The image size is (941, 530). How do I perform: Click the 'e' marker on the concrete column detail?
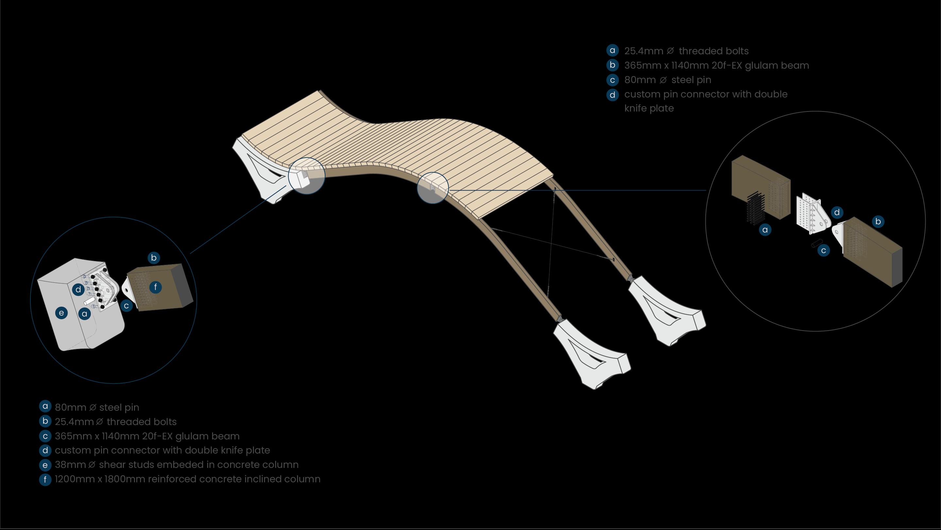(61, 313)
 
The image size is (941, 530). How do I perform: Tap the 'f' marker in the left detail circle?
(156, 287)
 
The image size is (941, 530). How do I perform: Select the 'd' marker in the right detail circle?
(837, 213)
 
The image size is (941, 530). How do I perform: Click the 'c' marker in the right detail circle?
(823, 251)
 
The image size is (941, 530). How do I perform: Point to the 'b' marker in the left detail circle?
(154, 258)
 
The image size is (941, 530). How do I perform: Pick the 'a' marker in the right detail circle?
(765, 230)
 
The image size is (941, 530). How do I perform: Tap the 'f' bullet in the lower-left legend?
(45, 479)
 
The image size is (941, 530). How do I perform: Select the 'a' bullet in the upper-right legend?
(613, 50)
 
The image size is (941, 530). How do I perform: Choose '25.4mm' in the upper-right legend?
(644, 51)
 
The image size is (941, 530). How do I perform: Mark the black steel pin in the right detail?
(817, 243)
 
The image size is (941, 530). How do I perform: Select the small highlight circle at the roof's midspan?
(433, 188)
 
